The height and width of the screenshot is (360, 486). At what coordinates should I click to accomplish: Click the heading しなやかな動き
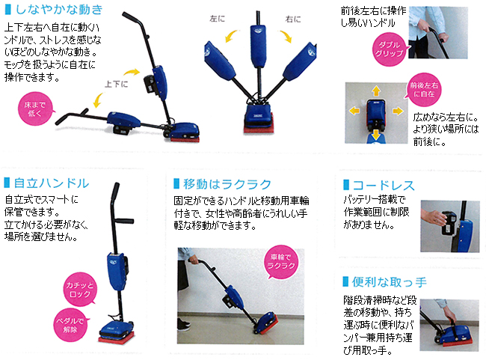pyautogui.click(x=59, y=10)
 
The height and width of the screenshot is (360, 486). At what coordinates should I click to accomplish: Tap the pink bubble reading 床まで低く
pyautogui.click(x=34, y=109)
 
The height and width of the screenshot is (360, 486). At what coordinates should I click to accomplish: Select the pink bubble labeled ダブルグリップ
pyautogui.click(x=390, y=49)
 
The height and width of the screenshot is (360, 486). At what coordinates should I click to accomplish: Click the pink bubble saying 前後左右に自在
pyautogui.click(x=424, y=90)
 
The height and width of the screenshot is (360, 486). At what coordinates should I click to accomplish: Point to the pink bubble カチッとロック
pyautogui.click(x=80, y=290)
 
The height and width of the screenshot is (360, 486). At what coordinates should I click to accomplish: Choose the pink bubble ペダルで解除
pyautogui.click(x=71, y=325)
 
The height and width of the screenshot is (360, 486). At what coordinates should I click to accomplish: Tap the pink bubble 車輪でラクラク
pyautogui.click(x=281, y=262)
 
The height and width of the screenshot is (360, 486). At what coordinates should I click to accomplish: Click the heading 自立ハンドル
pyautogui.click(x=52, y=183)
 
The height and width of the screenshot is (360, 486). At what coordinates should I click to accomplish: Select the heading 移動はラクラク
pyautogui.click(x=227, y=184)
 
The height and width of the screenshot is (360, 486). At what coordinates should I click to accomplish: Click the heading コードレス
pyautogui.click(x=384, y=186)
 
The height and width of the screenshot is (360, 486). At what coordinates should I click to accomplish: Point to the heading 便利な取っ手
pyautogui.click(x=389, y=282)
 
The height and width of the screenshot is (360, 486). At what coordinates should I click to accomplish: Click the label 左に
pyautogui.click(x=217, y=19)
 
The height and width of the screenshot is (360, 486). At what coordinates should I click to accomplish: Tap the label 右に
pyautogui.click(x=293, y=19)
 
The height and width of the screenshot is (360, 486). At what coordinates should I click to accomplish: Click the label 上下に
pyautogui.click(x=116, y=84)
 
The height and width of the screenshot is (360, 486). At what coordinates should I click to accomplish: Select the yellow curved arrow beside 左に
pyautogui.click(x=231, y=35)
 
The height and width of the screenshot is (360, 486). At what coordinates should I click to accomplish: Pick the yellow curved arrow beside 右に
pyautogui.click(x=286, y=36)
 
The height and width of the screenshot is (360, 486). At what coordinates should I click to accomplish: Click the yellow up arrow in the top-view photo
pyautogui.click(x=376, y=91)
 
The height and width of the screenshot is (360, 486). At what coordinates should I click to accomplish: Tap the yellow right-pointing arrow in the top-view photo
pyautogui.click(x=398, y=111)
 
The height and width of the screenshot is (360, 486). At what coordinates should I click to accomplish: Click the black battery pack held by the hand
pyautogui.click(x=449, y=224)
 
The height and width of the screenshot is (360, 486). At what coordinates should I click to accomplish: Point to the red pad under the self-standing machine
pyautogui.click(x=117, y=338)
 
